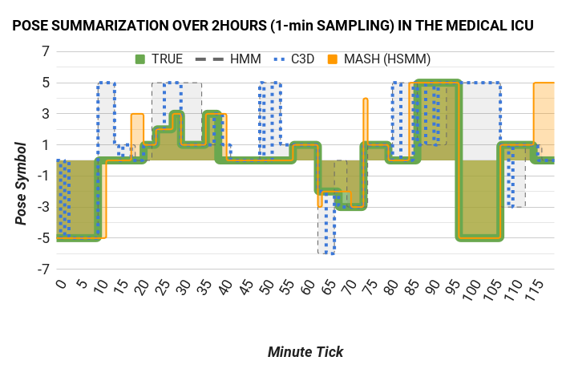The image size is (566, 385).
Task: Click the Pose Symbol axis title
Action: tap(22, 183)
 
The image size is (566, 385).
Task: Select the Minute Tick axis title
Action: tap(305, 351)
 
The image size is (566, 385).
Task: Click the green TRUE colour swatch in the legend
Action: tap(140, 59)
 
